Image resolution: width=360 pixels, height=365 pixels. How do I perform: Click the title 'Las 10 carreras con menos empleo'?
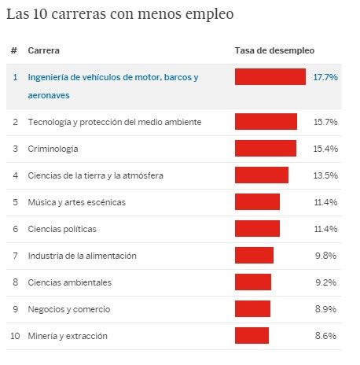[120, 15]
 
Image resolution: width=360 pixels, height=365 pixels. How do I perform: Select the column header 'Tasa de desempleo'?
[274, 51]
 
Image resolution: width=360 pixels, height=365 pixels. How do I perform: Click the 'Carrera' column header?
[44, 51]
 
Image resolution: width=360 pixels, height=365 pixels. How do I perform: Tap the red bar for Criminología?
[265, 149]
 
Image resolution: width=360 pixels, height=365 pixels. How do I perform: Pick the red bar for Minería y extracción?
[252, 336]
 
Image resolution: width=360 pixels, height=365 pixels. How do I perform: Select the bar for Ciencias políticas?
[257, 229]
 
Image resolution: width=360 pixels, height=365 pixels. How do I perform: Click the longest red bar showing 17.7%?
[270, 77]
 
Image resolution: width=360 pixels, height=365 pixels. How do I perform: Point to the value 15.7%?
[325, 122]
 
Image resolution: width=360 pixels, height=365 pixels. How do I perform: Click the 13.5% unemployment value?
[325, 175]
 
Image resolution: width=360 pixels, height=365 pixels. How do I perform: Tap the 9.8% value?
[327, 256]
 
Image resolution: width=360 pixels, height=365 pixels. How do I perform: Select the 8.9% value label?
[327, 309]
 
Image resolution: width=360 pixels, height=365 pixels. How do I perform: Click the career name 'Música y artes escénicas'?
[76, 202]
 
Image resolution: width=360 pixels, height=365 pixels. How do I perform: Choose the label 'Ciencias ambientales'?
[69, 282]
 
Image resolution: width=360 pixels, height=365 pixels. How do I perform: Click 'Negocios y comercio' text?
[68, 309]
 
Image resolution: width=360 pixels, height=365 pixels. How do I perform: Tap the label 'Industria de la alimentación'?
[82, 256]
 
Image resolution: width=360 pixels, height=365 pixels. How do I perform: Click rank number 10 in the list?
[14, 336]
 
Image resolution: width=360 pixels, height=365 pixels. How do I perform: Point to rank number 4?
[14, 175]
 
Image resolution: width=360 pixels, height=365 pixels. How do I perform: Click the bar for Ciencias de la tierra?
[261, 175]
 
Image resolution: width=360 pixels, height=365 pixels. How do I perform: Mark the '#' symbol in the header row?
[14, 51]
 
